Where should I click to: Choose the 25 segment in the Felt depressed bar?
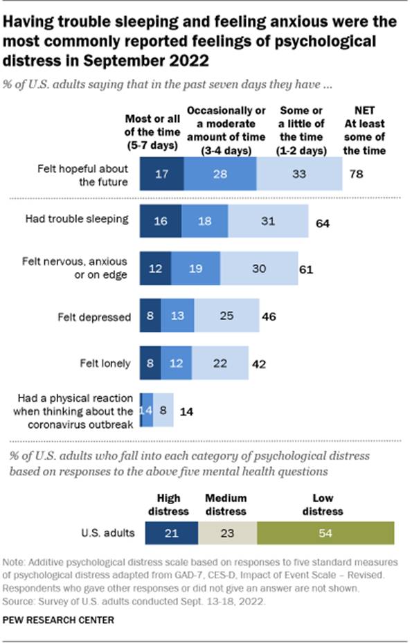(226, 316)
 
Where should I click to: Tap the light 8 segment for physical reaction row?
(163, 410)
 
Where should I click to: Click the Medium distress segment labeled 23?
(228, 534)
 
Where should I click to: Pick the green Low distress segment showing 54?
(325, 534)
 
